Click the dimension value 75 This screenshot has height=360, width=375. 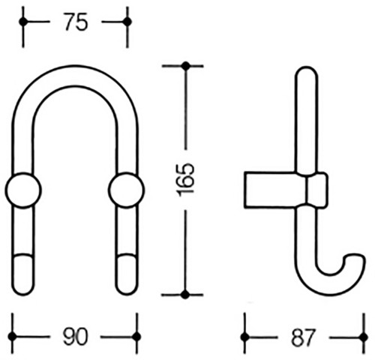tap(76, 22)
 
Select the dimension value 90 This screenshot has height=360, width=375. tap(76, 337)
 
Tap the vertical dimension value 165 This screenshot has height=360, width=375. tap(185, 180)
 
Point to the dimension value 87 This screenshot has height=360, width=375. tap(303, 337)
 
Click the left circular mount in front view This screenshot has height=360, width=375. tap(23, 190)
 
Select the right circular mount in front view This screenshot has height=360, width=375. tap(126, 190)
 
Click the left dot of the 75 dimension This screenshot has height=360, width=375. tap(23, 22)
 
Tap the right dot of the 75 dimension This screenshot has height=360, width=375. tap(127, 22)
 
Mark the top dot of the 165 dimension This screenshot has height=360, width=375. tap(185, 66)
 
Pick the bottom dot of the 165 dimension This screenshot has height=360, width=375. tap(185, 295)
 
